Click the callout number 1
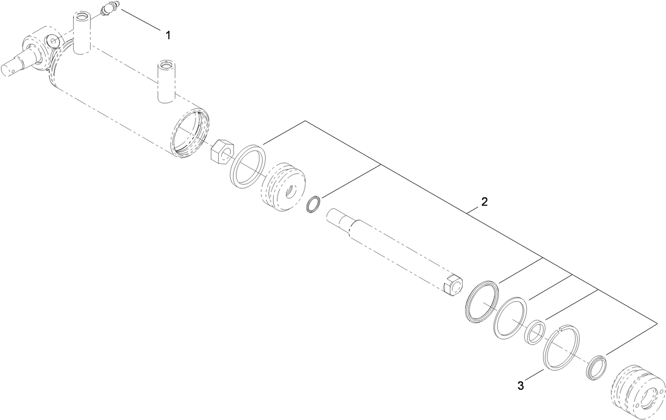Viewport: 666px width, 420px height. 168,35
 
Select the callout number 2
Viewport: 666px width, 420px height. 484,202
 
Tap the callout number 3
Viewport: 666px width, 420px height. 521,386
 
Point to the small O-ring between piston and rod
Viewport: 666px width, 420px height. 314,204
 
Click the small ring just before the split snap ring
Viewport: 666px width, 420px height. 535,333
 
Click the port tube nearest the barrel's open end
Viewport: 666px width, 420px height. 166,81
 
